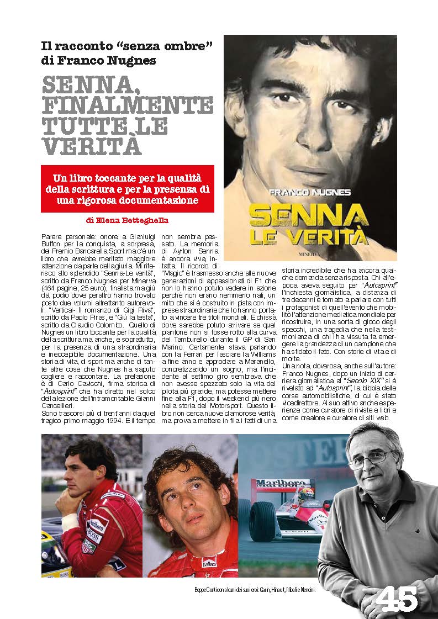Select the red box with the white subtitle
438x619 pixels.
128,188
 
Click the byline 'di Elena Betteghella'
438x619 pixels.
128,220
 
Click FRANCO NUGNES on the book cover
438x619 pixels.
309,192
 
